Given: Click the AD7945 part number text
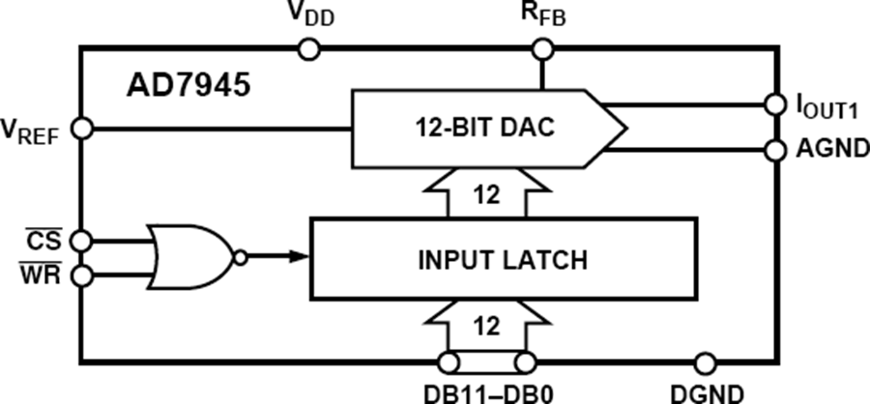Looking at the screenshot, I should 189,85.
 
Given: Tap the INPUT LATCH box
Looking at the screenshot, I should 502,259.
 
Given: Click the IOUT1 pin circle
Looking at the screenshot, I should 774,103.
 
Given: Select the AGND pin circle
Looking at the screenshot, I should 774,150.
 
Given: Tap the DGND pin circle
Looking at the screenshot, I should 707,362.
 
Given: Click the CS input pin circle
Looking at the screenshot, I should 82,239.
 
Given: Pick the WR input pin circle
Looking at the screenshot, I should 82,276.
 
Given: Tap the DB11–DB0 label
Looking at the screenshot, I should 487,391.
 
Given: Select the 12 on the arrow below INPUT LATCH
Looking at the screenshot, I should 487,327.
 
